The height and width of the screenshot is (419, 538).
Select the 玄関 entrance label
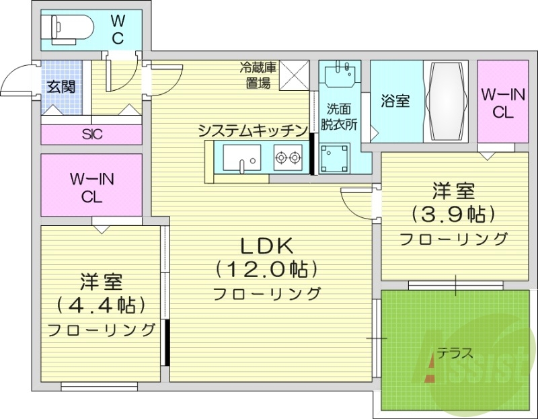tap(61, 87)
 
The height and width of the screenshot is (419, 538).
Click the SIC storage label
tap(92, 134)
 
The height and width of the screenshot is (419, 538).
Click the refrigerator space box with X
tap(293, 74)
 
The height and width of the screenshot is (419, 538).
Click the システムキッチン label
tap(252, 130)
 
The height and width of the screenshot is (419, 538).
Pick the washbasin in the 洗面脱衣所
tap(343, 74)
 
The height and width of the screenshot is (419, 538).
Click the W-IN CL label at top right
tap(502, 104)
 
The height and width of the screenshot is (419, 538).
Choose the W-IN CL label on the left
tap(92, 188)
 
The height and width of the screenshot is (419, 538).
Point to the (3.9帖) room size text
tap(453, 214)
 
